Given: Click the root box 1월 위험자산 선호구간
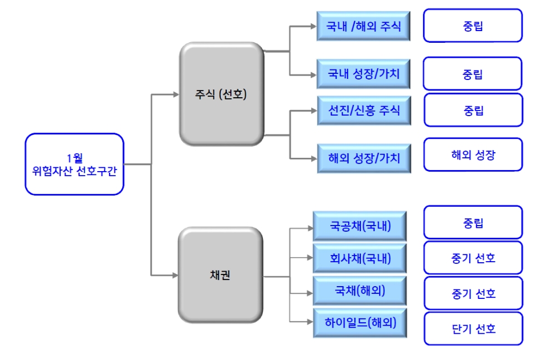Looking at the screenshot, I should click(x=75, y=164).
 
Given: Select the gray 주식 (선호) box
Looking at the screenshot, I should click(x=221, y=94).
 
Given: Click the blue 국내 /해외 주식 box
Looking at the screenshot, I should click(x=364, y=26).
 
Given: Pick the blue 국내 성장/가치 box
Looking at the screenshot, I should click(x=364, y=73).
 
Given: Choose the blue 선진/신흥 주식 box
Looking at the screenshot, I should click(x=364, y=110).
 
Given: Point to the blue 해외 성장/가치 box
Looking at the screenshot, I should click(x=364, y=158).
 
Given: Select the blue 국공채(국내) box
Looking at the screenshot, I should click(x=360, y=226).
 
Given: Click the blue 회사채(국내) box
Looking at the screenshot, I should click(x=360, y=258).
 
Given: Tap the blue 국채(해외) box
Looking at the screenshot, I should click(x=360, y=291).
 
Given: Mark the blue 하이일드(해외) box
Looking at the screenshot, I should click(x=360, y=323).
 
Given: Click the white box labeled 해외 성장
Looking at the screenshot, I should click(x=473, y=154).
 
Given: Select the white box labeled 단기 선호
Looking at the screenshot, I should click(x=473, y=328).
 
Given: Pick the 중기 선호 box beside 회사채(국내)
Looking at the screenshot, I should click(x=473, y=258).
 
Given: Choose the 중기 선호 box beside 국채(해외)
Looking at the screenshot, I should click(x=473, y=293).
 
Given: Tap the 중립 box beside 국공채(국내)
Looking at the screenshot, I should click(x=473, y=223).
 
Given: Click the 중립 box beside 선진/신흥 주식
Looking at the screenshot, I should click(x=474, y=110).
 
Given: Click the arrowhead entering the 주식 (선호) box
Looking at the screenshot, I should click(x=173, y=94).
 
